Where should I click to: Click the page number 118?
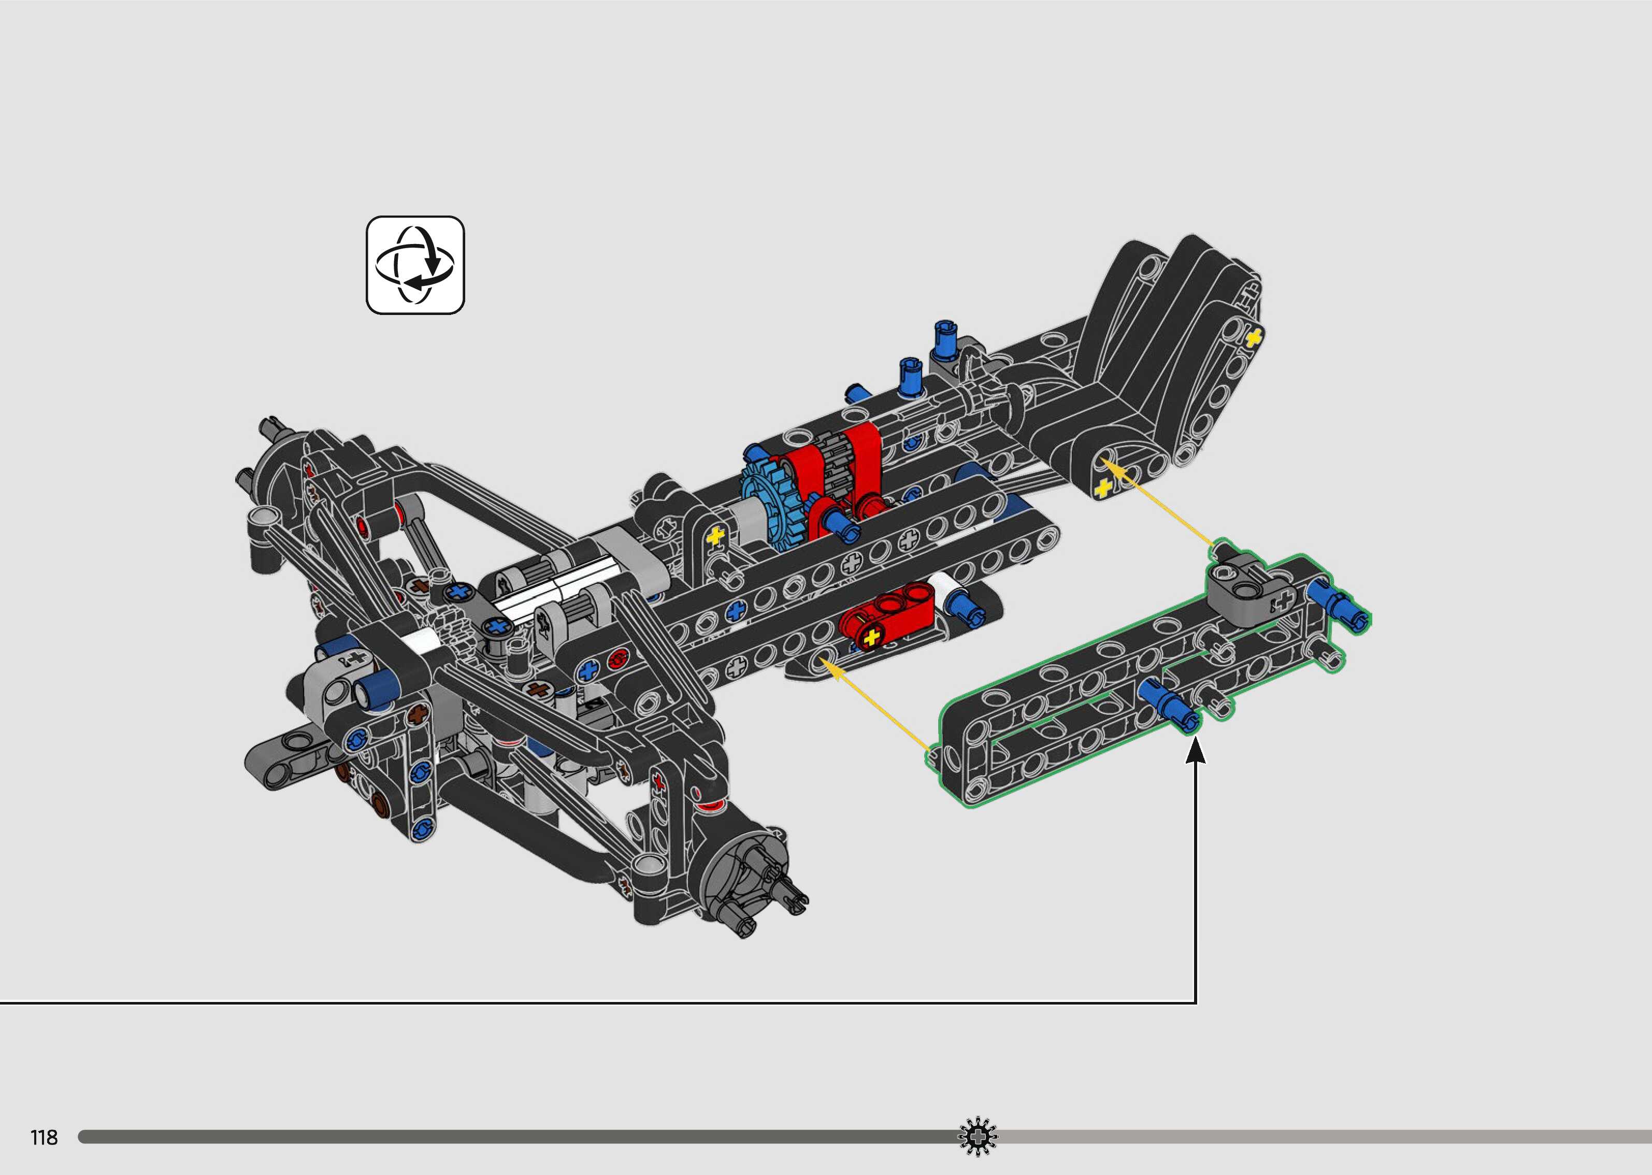click(44, 1137)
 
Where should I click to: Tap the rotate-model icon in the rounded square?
click(415, 265)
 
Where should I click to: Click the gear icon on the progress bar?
click(977, 1137)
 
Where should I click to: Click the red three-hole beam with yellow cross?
click(887, 617)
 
